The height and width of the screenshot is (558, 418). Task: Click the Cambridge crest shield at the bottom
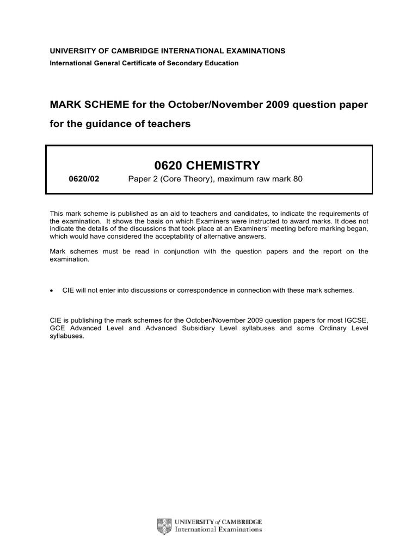(x=162, y=525)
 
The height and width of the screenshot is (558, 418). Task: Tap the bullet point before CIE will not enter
(x=52, y=290)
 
